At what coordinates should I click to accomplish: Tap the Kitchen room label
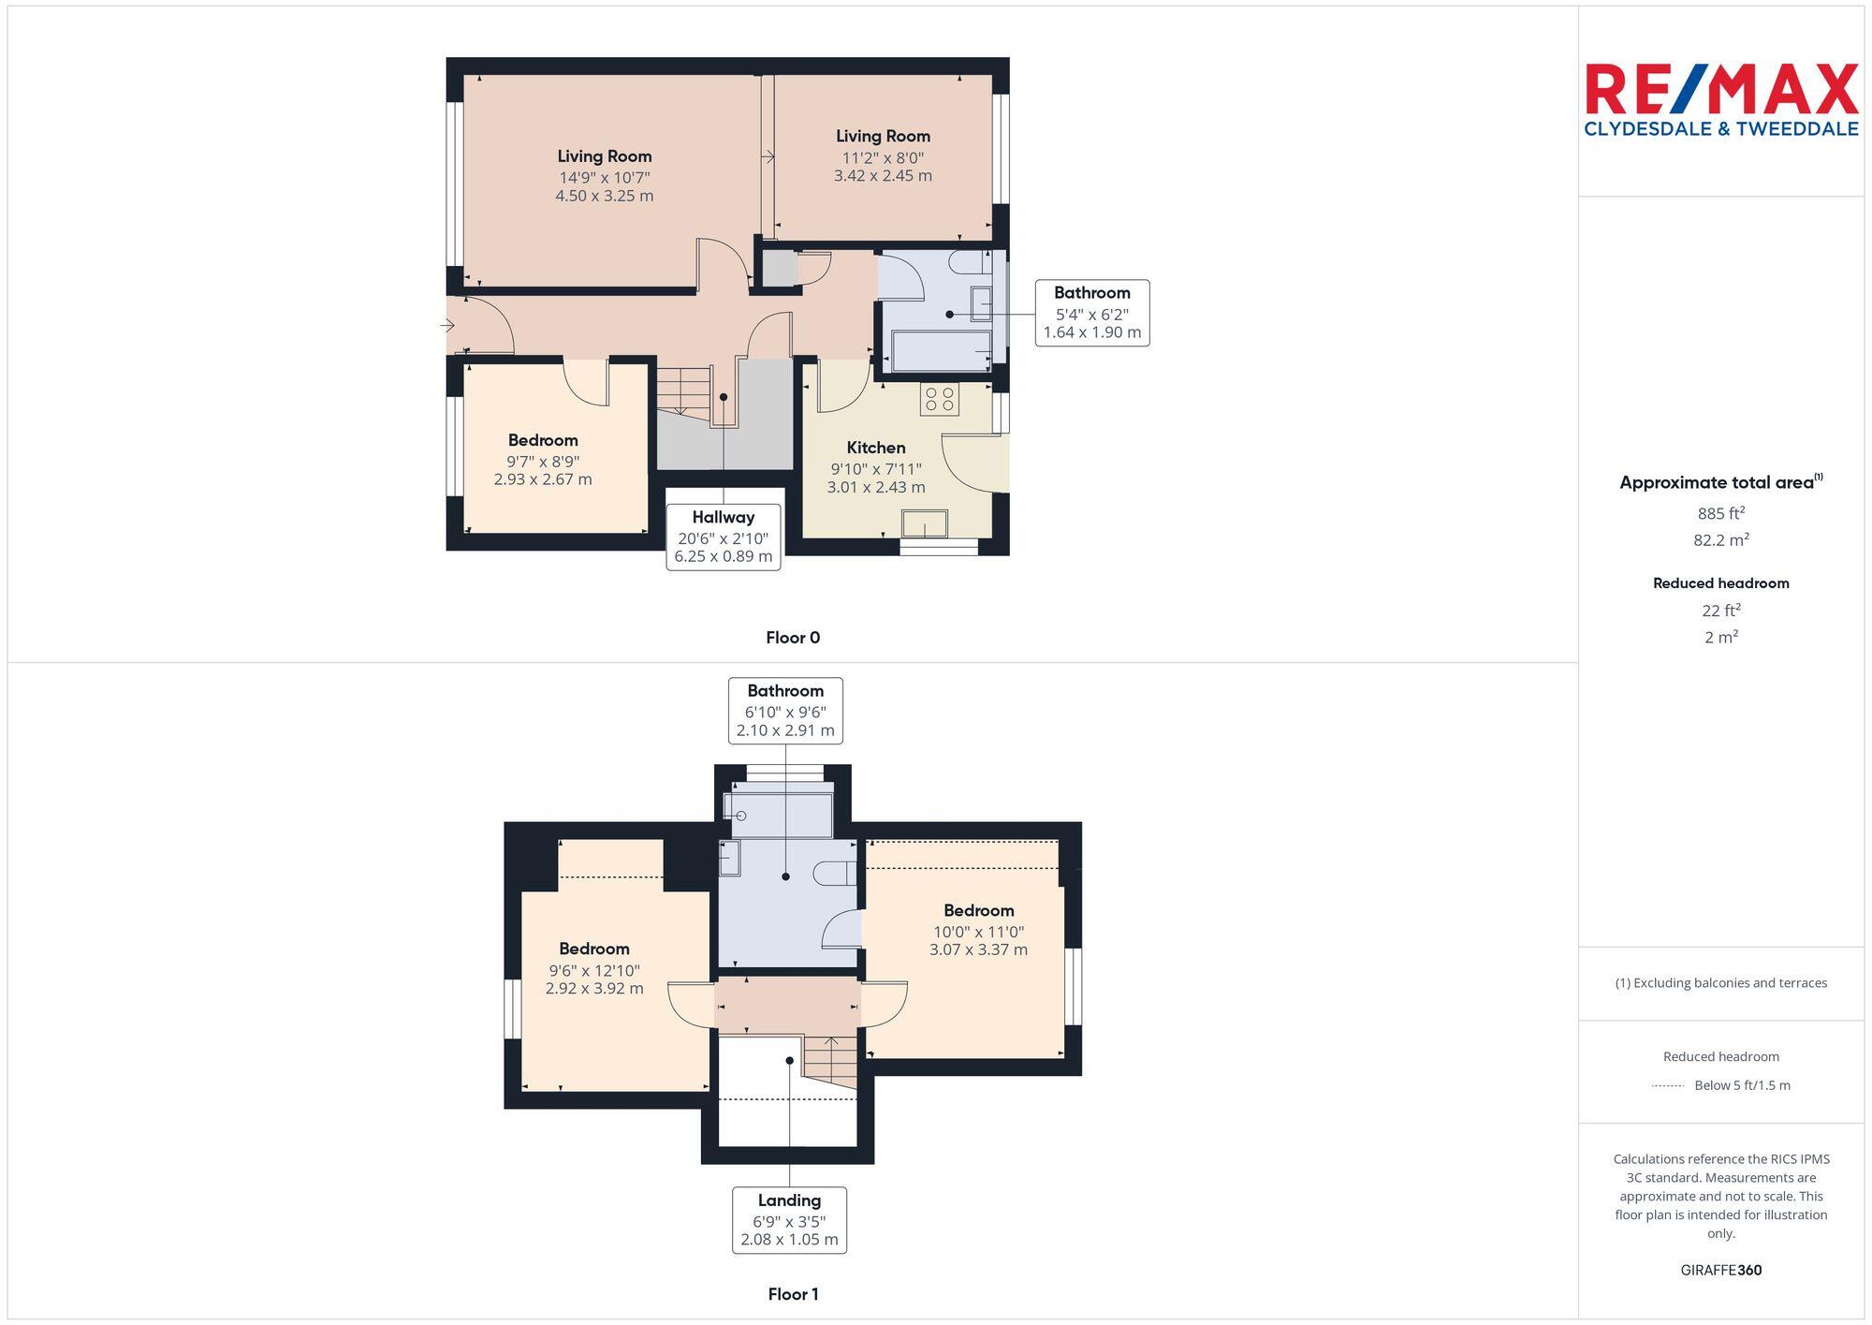tap(876, 448)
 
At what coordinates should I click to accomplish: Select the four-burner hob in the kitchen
tap(939, 400)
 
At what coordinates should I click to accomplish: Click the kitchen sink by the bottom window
tap(924, 523)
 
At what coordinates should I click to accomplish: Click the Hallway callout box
tap(724, 537)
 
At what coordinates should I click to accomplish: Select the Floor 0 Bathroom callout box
tap(1091, 313)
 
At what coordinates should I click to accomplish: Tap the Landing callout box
tap(789, 1219)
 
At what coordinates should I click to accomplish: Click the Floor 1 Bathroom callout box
tap(785, 711)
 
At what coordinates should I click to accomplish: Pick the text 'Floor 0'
tap(792, 638)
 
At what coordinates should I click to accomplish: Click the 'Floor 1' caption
tap(793, 1294)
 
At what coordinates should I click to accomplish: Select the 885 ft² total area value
tap(1720, 513)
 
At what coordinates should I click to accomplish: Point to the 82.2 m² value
tap(1720, 540)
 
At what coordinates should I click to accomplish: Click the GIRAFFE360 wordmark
tap(1720, 1270)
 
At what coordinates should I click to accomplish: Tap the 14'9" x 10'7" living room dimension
tap(604, 177)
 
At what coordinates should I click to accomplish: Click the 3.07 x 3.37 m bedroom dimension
tap(978, 950)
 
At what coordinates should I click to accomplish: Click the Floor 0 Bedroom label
tap(543, 440)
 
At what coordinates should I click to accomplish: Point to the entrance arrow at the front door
tap(448, 326)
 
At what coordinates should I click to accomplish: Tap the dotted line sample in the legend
tap(1668, 1086)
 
